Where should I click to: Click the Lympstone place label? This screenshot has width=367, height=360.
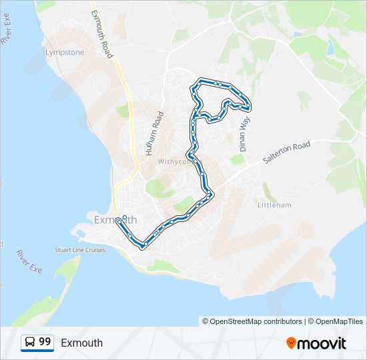click(x=64, y=52)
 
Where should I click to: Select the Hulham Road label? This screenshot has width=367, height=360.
click(x=153, y=133)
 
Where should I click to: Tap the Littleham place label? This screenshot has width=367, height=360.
click(x=274, y=205)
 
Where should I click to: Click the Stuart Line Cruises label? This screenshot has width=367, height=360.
click(x=80, y=250)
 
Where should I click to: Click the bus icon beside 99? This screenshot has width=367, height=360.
click(x=30, y=342)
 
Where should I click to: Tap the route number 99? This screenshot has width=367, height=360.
click(x=45, y=342)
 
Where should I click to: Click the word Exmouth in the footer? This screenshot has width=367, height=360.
click(x=81, y=343)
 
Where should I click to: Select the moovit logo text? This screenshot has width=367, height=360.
click(x=322, y=343)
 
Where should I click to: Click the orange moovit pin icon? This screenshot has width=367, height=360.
click(x=291, y=343)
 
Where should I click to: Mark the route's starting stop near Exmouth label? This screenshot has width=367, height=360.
click(x=118, y=220)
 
